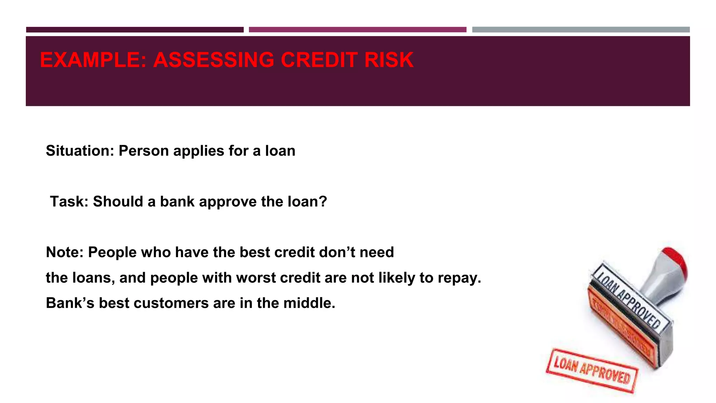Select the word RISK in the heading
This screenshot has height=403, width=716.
(389, 60)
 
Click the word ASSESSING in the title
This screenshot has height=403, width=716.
(214, 60)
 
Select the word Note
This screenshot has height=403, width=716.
(64, 252)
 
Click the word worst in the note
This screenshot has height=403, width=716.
(256, 278)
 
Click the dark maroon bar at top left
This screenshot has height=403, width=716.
(135, 30)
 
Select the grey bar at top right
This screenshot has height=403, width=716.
(581, 30)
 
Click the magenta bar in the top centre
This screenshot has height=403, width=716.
(357, 30)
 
